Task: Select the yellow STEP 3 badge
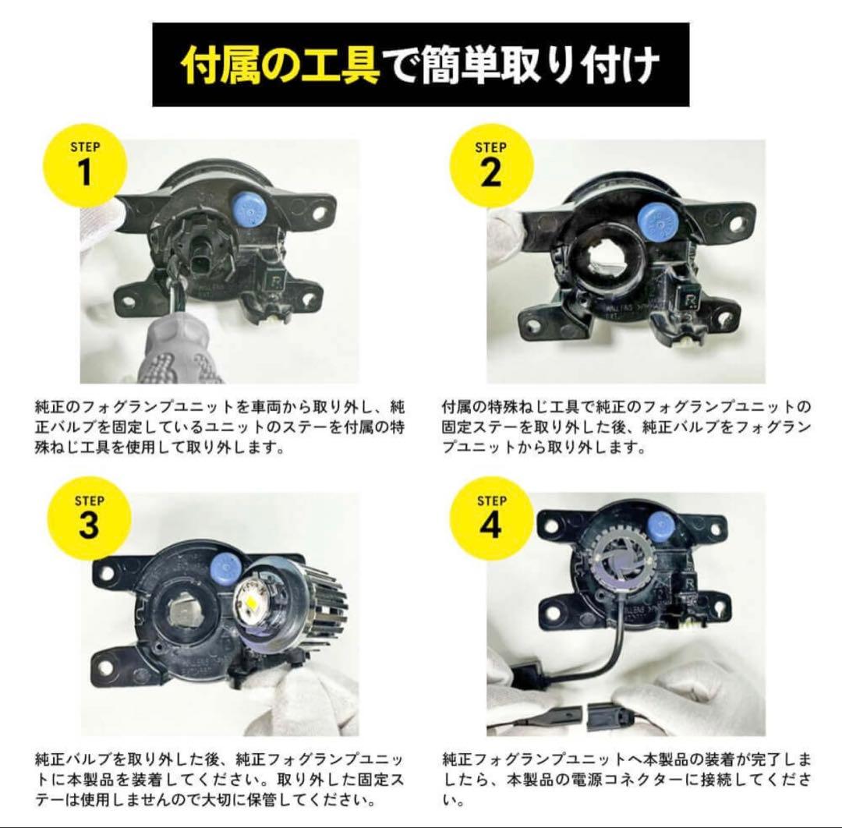coord(88,518)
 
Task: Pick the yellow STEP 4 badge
coord(491,518)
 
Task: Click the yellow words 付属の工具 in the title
coord(280,65)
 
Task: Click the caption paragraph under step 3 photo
coord(220,779)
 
